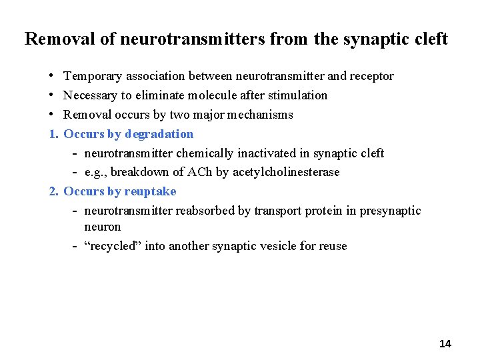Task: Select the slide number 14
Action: pos(445,344)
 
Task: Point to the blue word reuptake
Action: pos(150,191)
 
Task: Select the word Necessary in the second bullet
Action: pos(93,95)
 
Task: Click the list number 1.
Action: pos(53,134)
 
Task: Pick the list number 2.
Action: pos(53,191)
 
